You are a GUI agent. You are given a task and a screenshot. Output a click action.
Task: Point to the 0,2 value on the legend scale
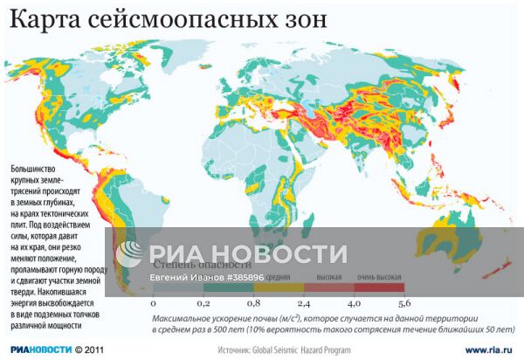coord(203,303)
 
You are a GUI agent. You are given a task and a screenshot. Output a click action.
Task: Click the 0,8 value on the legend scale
coord(254,303)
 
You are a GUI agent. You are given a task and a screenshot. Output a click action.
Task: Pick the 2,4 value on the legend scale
coord(305,303)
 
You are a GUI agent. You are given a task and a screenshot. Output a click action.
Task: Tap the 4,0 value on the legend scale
coord(355,303)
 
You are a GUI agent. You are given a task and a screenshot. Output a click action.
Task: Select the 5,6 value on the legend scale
coord(405,303)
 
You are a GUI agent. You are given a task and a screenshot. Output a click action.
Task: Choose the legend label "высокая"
coord(328,276)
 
